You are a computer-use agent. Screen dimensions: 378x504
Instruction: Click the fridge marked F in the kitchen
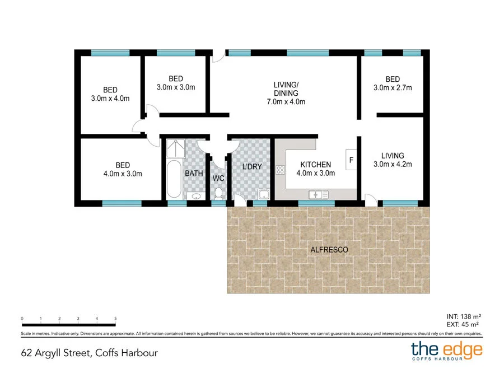coord(351,160)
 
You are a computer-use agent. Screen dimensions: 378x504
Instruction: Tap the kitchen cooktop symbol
coord(280,169)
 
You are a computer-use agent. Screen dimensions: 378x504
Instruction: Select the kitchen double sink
coord(318,194)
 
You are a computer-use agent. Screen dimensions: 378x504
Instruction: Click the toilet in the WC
coord(218,193)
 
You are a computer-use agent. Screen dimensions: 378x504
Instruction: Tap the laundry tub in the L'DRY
coord(263,194)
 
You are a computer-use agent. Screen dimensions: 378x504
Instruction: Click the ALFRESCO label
coord(329,249)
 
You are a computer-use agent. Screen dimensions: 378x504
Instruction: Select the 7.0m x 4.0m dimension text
coord(286,102)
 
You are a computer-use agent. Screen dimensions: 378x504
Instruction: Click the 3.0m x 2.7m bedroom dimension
coord(393,88)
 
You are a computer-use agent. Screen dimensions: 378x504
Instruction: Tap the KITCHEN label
coord(316,165)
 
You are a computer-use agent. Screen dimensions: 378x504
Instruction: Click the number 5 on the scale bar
coord(115,318)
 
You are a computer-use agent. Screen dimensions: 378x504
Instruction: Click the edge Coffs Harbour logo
coord(446,351)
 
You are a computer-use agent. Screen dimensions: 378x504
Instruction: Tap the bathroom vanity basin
coord(195,195)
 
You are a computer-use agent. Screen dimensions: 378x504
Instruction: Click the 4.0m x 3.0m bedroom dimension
coord(123,174)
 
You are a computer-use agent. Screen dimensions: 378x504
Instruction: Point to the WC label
coord(218,179)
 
